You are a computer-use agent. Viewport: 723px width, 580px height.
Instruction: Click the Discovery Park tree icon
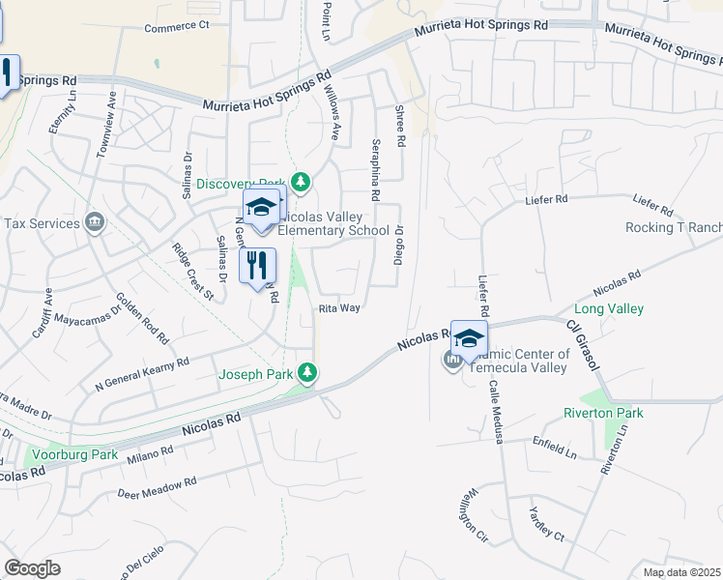coord(302,182)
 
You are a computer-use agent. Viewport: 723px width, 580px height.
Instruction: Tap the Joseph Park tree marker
coord(307,372)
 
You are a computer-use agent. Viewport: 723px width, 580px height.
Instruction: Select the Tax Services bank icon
coord(95,223)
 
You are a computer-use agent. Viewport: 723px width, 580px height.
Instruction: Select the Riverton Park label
coord(603,413)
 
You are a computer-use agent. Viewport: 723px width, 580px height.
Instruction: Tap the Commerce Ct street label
coord(177,27)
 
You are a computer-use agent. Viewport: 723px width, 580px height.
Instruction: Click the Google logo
coord(32,568)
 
